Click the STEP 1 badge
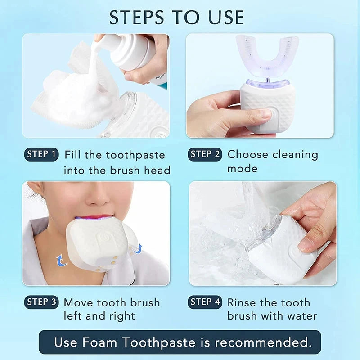41,155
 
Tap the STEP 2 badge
205,154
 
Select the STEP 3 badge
41,302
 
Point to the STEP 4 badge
205,302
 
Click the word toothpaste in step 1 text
135,155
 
